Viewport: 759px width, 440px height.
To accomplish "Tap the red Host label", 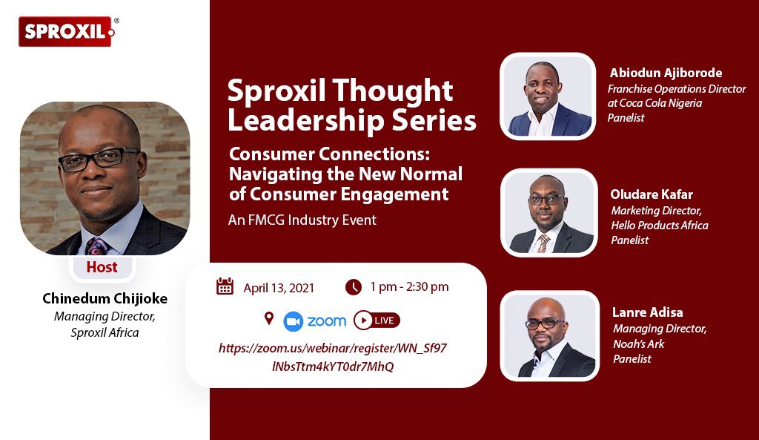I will coord(102,267).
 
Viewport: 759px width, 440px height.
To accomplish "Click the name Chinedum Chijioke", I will coord(105,299).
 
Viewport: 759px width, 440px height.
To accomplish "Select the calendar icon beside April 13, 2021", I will coord(225,287).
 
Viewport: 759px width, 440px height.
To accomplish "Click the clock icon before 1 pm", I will coord(354,286).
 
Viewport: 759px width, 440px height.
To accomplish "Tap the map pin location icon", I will coord(268,319).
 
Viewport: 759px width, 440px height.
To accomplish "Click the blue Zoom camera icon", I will coord(294,321).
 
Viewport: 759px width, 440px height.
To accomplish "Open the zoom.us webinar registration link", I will coord(333,357).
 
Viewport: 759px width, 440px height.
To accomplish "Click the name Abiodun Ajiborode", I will coord(666,73).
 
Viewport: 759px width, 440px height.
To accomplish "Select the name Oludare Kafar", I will coord(652,194).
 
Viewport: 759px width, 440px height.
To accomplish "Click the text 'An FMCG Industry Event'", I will coord(302,220).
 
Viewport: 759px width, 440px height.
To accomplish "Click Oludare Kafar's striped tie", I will coord(543,242).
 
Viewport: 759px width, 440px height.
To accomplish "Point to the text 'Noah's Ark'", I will coord(639,344).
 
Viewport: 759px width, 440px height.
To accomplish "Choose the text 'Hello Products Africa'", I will coord(660,225).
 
